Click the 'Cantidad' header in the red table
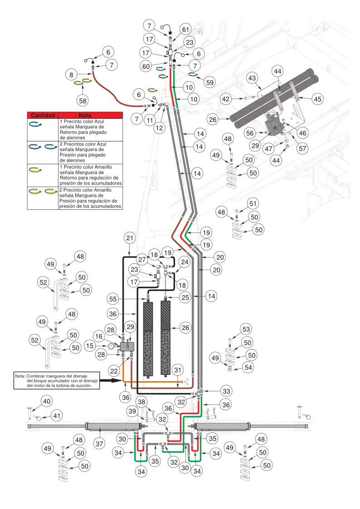tap(43, 115)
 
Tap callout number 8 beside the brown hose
tap(71, 73)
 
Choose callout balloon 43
tap(253, 78)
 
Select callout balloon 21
tap(130, 238)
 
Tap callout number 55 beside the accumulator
tap(113, 298)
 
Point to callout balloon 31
tap(178, 368)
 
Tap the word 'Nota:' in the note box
tap(20, 376)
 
